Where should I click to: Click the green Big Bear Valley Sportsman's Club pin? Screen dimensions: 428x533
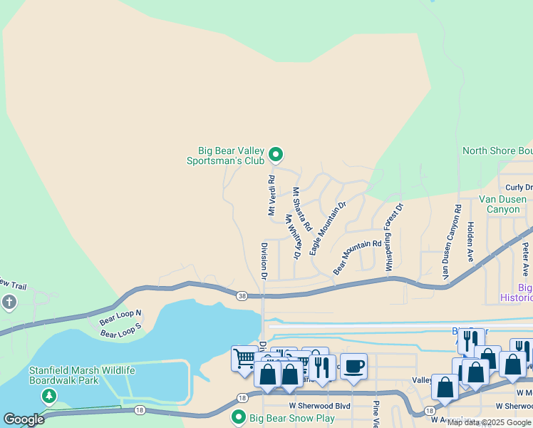(x=276, y=154)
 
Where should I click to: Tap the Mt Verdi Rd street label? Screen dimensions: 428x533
(x=271, y=195)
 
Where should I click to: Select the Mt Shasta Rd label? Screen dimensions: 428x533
(x=302, y=209)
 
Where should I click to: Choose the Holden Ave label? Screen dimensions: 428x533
(x=470, y=241)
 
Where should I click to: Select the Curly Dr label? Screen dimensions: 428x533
(x=519, y=188)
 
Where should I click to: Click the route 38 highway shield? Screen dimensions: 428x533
(x=242, y=295)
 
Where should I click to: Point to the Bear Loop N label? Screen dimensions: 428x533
(x=120, y=315)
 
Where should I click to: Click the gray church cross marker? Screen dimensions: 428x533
(x=9, y=302)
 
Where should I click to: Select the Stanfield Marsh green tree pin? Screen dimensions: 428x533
(x=48, y=396)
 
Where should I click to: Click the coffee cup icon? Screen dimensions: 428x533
(x=353, y=367)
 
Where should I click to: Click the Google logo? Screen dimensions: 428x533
(x=24, y=419)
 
